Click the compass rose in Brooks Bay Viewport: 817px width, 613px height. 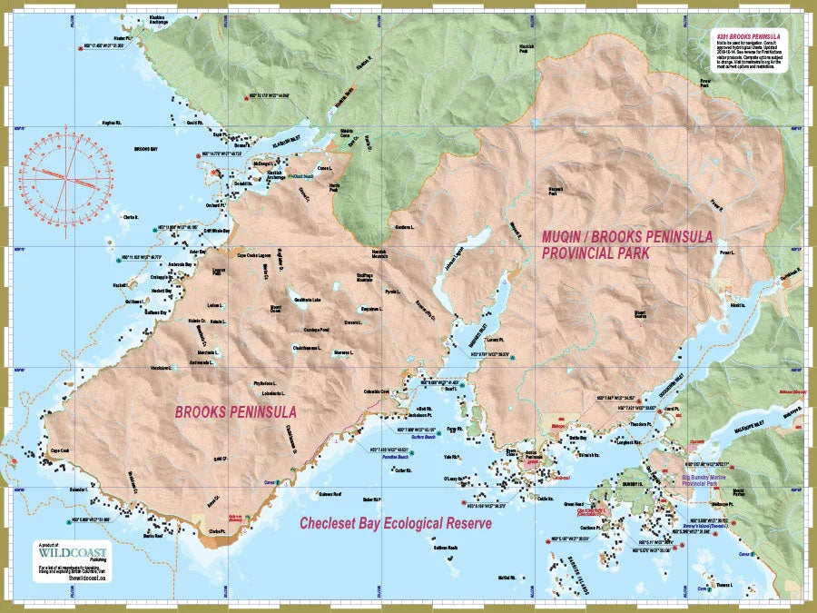coord(62,175)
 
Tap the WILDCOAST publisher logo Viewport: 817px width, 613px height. coord(73,552)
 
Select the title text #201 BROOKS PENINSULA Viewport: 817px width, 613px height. coord(750,35)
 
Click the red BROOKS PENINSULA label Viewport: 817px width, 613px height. coord(235,411)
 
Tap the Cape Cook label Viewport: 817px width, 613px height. coord(60,450)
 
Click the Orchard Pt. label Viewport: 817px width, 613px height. coord(214,204)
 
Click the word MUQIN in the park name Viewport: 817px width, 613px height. coord(566,236)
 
